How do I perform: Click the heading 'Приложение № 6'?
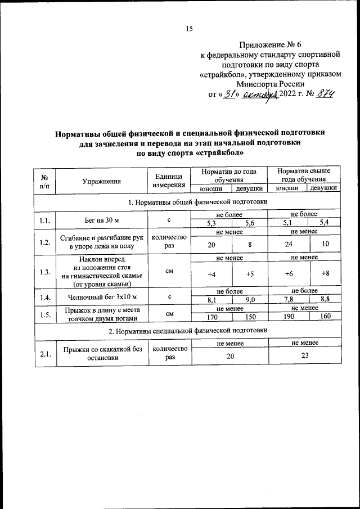271,44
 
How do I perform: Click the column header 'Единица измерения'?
169,181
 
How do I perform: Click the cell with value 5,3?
212,223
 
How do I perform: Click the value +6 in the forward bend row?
289,274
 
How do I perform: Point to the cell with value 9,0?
251,299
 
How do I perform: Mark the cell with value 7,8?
289,299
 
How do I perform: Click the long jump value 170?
212,316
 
